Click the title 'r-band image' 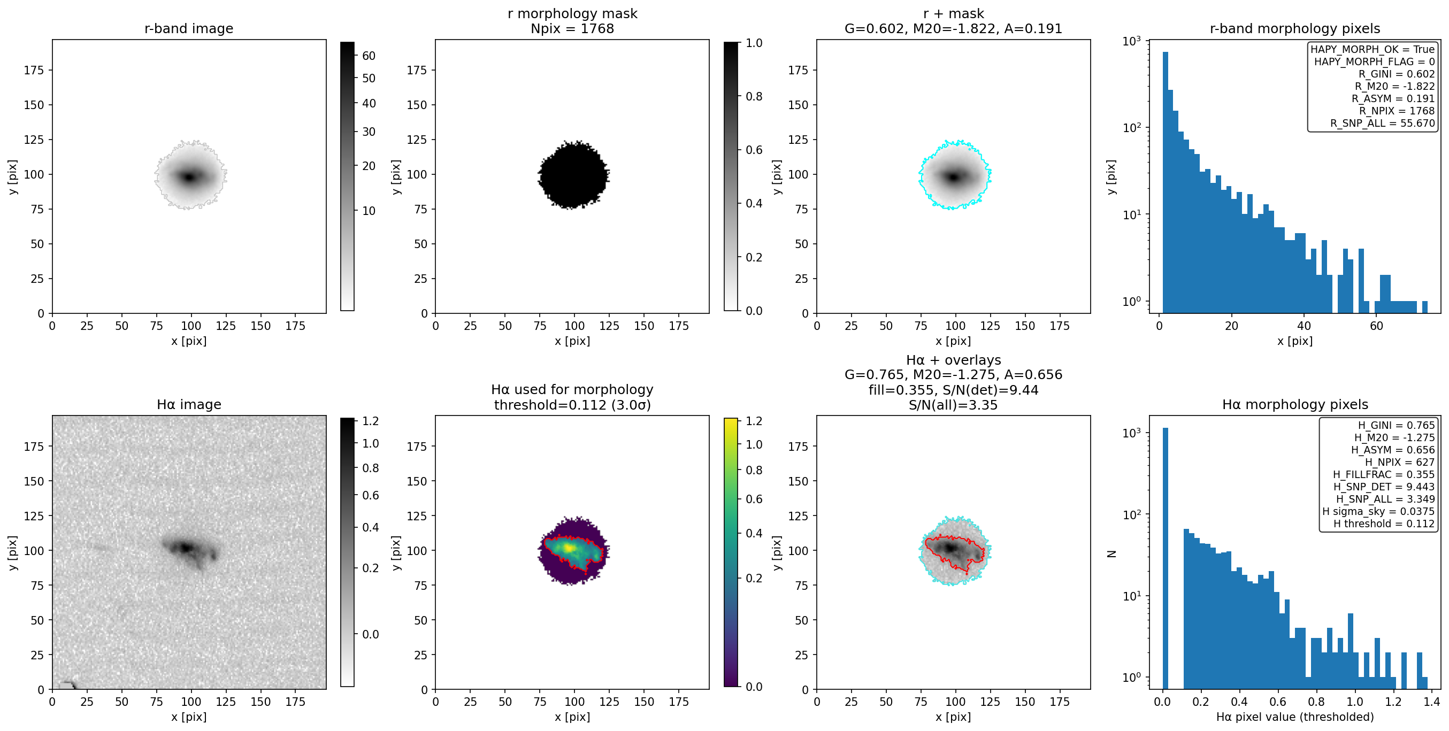pos(188,29)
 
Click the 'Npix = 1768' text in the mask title pos(572,29)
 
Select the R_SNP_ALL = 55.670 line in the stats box pos(1382,123)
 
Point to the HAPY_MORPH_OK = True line pos(1373,50)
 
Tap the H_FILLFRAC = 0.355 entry pos(1384,474)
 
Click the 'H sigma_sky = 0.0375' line pos(1378,511)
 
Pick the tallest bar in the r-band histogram pos(1165,182)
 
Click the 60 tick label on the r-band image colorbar pos(369,56)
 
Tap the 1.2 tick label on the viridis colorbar pos(754,421)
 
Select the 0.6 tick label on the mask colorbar pos(754,150)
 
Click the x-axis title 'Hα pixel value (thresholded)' pos(1295,717)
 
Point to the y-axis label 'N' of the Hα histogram pos(1111,553)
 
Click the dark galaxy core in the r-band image pos(189,177)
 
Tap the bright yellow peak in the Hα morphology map pos(569,547)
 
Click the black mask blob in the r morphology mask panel pos(573,175)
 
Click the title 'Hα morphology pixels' pos(1295,405)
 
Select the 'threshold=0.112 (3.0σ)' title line pos(572,405)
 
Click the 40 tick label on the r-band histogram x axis pos(1304,326)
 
